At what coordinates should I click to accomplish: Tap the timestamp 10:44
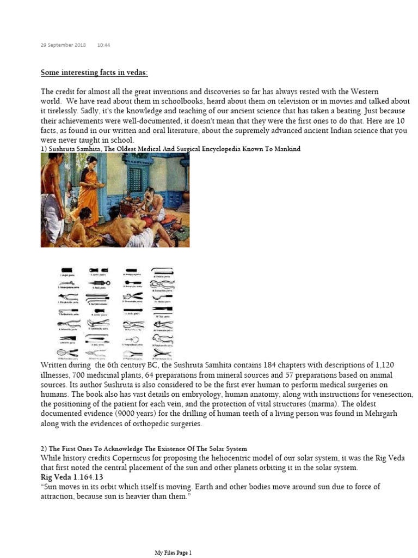pos(103,45)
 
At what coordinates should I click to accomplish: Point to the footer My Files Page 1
pos(174,553)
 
